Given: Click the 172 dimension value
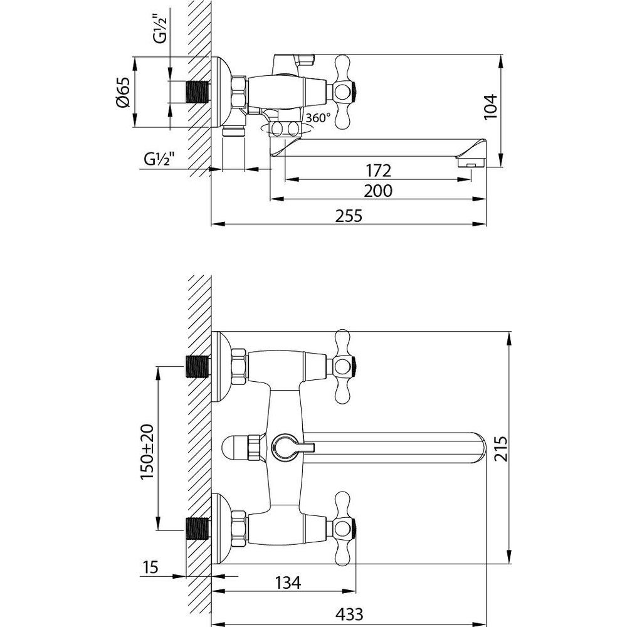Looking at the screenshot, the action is (x=378, y=171).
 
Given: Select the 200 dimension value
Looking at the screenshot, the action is (x=378, y=191).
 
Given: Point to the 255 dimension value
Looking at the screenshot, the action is (x=348, y=216).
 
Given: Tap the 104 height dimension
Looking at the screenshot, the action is (x=490, y=107).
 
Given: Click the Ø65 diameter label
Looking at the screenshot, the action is (x=123, y=92).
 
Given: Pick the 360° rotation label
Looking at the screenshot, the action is (x=319, y=118).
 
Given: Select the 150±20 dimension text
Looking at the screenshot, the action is (x=147, y=452).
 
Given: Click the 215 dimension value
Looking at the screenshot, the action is (x=500, y=449).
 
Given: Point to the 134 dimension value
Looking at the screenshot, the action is (x=288, y=583).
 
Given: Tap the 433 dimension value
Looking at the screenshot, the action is (x=349, y=613).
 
